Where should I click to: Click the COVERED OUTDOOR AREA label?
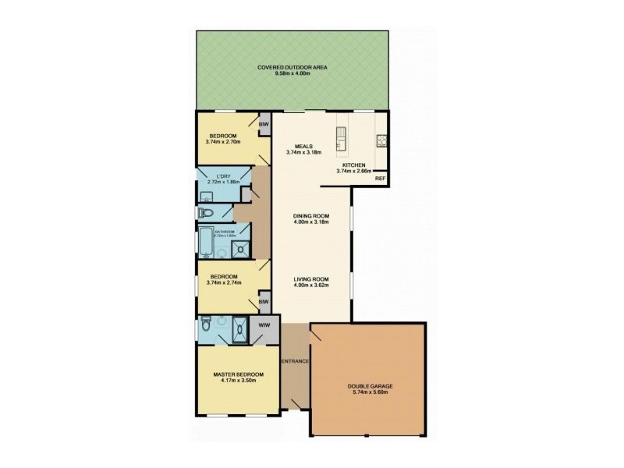click(292, 68)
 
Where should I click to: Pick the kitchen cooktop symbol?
click(382, 140)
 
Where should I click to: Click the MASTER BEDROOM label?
click(239, 374)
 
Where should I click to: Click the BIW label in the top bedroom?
click(264, 123)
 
